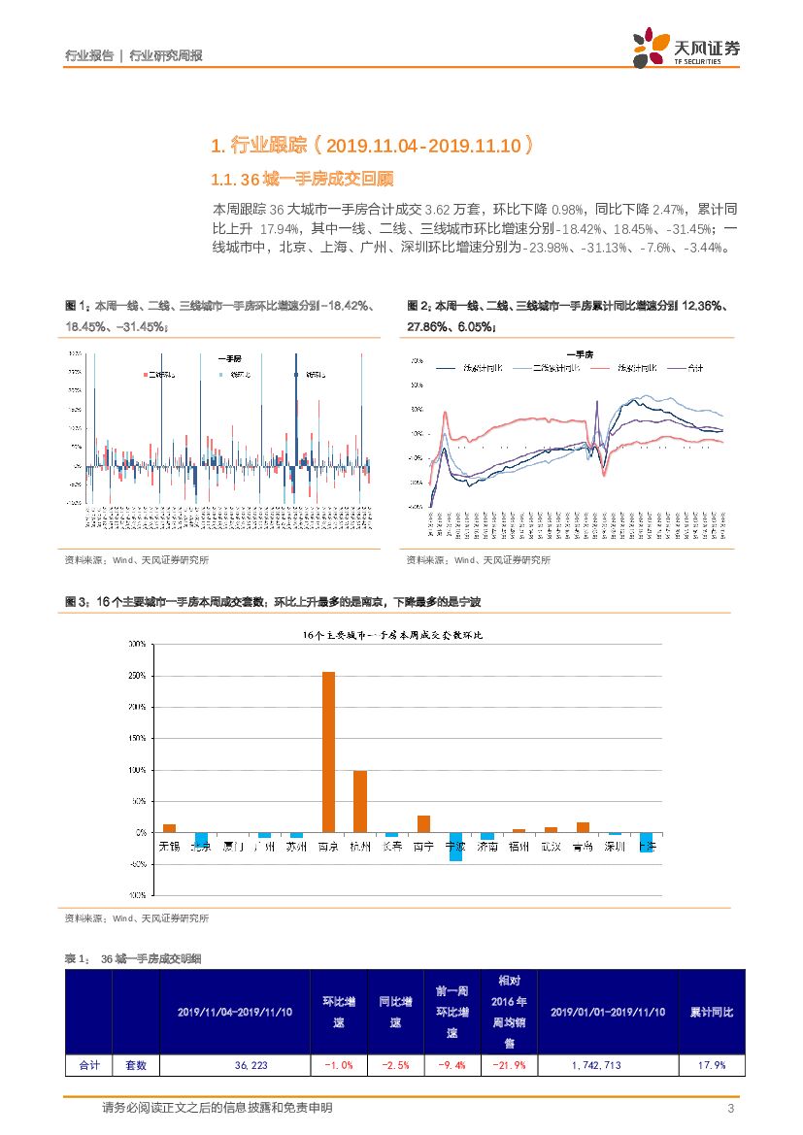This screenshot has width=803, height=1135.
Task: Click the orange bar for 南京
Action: (328, 751)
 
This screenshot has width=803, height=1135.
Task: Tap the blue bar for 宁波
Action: (455, 847)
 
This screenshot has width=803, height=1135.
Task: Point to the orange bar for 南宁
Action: (423, 823)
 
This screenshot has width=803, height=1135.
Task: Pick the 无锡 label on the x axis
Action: (169, 847)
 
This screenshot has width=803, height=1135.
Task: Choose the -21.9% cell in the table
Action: (510, 1065)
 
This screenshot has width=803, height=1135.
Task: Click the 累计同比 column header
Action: (712, 1012)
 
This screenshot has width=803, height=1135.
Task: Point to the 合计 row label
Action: (89, 1065)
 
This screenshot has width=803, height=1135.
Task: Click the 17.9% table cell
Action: (712, 1065)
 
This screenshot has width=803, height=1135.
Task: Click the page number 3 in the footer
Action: (730, 1109)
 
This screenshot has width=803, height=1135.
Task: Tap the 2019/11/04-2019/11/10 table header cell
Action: (235, 1012)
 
